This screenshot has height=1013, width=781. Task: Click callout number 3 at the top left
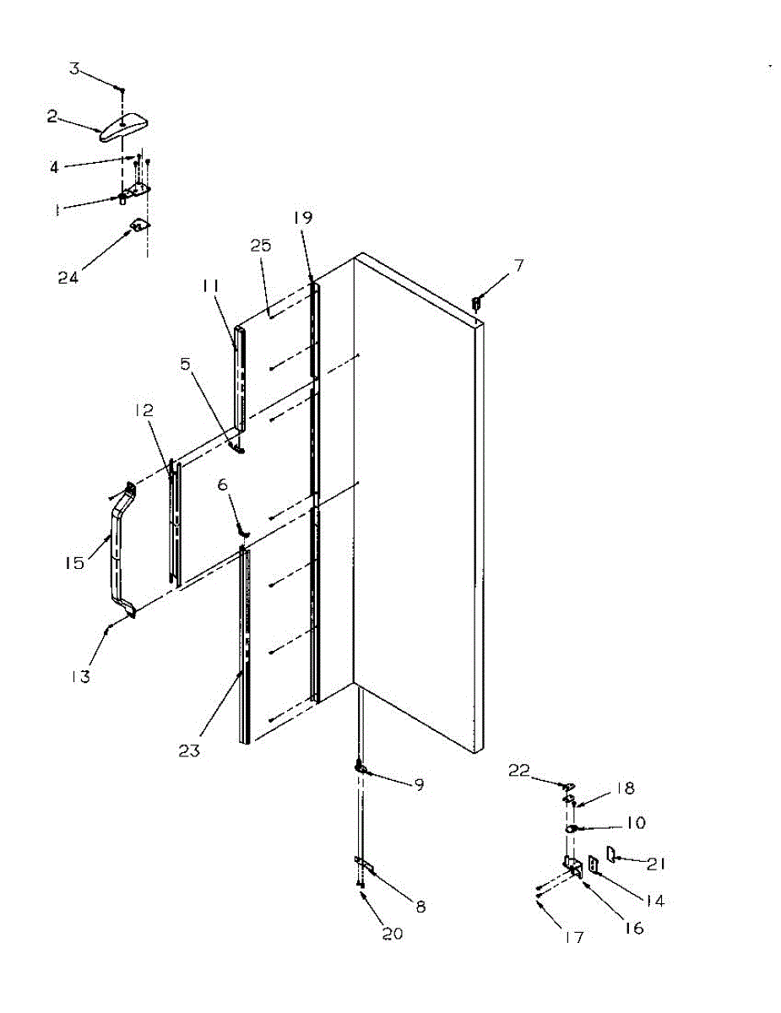tap(74, 68)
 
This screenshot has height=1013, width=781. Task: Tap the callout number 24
tap(68, 276)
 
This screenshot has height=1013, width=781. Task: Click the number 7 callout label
tap(519, 266)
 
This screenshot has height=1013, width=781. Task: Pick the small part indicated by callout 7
tap(477, 301)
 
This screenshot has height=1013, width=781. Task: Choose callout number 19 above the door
tap(302, 217)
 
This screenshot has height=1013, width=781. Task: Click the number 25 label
tap(260, 246)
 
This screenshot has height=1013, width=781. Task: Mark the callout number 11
tap(210, 287)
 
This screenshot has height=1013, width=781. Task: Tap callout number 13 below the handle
tap(82, 675)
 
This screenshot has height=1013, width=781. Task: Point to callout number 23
tap(189, 750)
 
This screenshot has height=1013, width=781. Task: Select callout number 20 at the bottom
tap(393, 934)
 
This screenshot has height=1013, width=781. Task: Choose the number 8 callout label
tap(420, 907)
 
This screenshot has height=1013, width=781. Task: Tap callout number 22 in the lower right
tap(518, 769)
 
